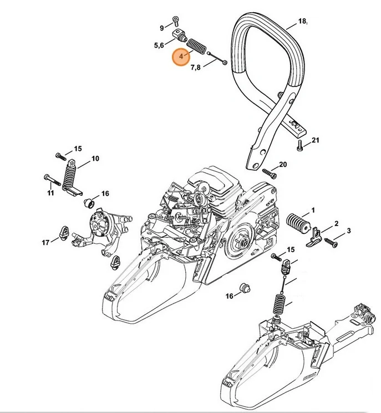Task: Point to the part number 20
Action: (283, 165)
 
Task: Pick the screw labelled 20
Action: (269, 172)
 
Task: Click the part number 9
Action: (162, 28)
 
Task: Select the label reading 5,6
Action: (159, 45)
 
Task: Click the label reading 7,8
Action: (195, 67)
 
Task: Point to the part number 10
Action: (95, 159)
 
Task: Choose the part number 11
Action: (50, 193)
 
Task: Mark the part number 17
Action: (46, 241)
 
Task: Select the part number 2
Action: (336, 223)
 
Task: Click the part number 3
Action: (348, 231)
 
